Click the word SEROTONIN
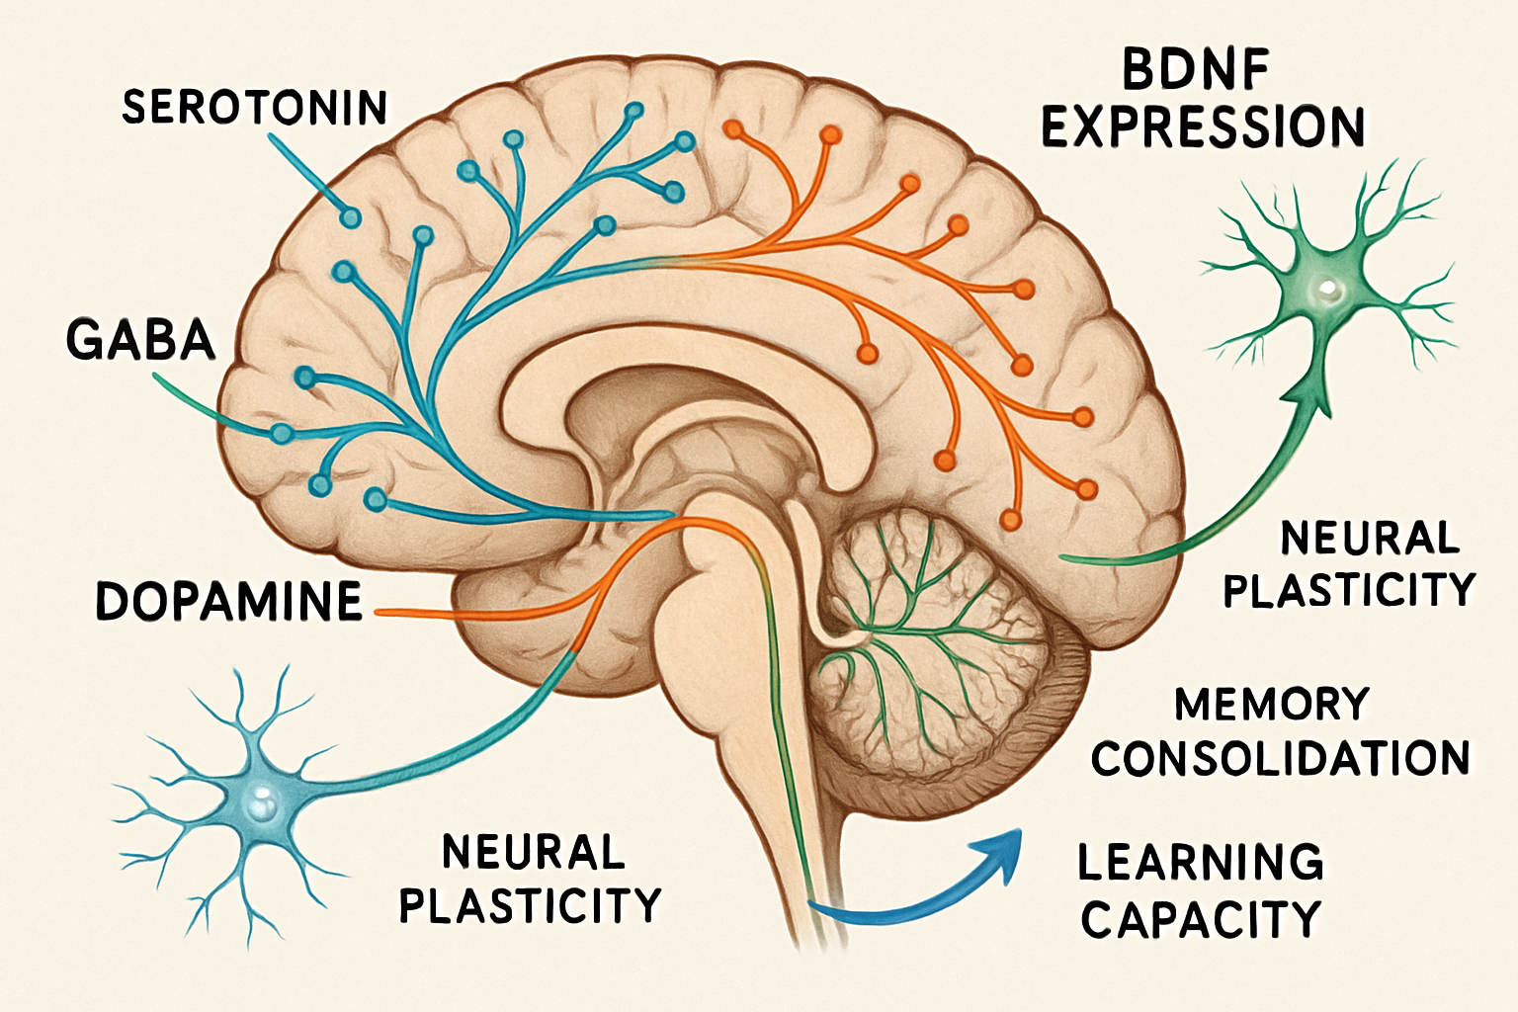254,107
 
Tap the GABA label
140,339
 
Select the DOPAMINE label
229,601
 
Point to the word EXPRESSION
1203,127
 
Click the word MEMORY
1272,705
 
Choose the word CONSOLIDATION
1281,759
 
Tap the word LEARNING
1201,862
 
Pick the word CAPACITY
1201,919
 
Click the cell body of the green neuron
1324,290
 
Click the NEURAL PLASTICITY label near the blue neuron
531,878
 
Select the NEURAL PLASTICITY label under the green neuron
1349,564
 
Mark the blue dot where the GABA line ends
283,433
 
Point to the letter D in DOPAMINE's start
113,601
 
